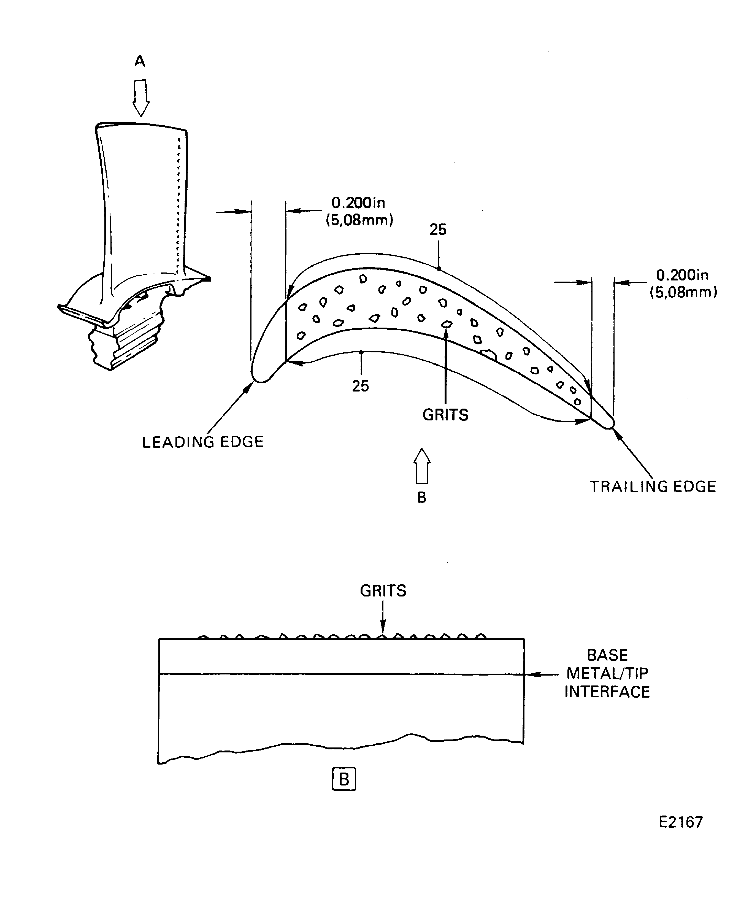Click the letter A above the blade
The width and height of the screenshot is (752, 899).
140,62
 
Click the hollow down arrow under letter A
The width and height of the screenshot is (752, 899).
140,98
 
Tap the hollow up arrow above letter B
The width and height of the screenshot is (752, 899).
422,466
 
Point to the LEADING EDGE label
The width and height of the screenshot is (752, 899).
203,442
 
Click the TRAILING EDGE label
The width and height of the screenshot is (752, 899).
653,487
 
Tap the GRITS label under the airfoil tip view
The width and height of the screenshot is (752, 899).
445,415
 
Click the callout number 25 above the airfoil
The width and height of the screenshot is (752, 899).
438,230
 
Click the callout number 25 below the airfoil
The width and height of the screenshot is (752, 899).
360,386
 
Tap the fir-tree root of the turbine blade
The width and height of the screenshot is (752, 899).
124,346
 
